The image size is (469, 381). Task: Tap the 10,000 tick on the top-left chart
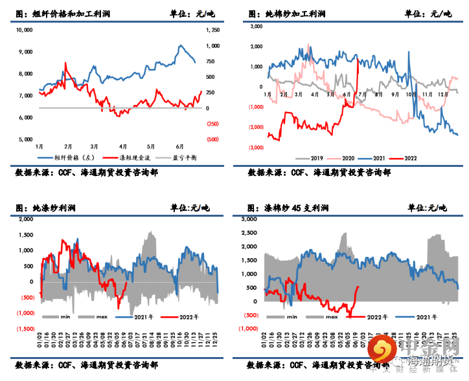pos(24,30)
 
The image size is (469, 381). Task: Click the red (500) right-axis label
pos(212,139)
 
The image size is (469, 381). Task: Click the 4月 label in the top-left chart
pos(122,146)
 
